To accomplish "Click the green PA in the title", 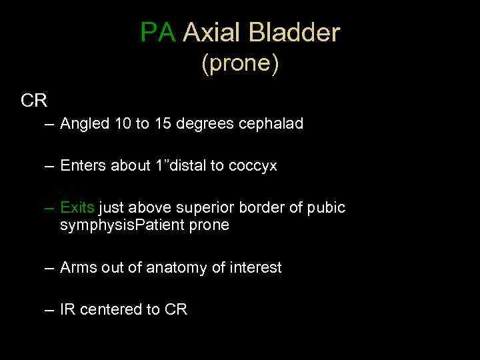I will pyautogui.click(x=159, y=32).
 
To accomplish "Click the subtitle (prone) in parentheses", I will pyautogui.click(x=240, y=64).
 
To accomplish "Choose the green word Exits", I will pyautogui.click(x=77, y=207).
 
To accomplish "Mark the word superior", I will pyautogui.click(x=205, y=207).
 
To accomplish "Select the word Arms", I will pyautogui.click(x=77, y=267).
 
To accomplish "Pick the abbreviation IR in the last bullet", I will pyautogui.click(x=67, y=309).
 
